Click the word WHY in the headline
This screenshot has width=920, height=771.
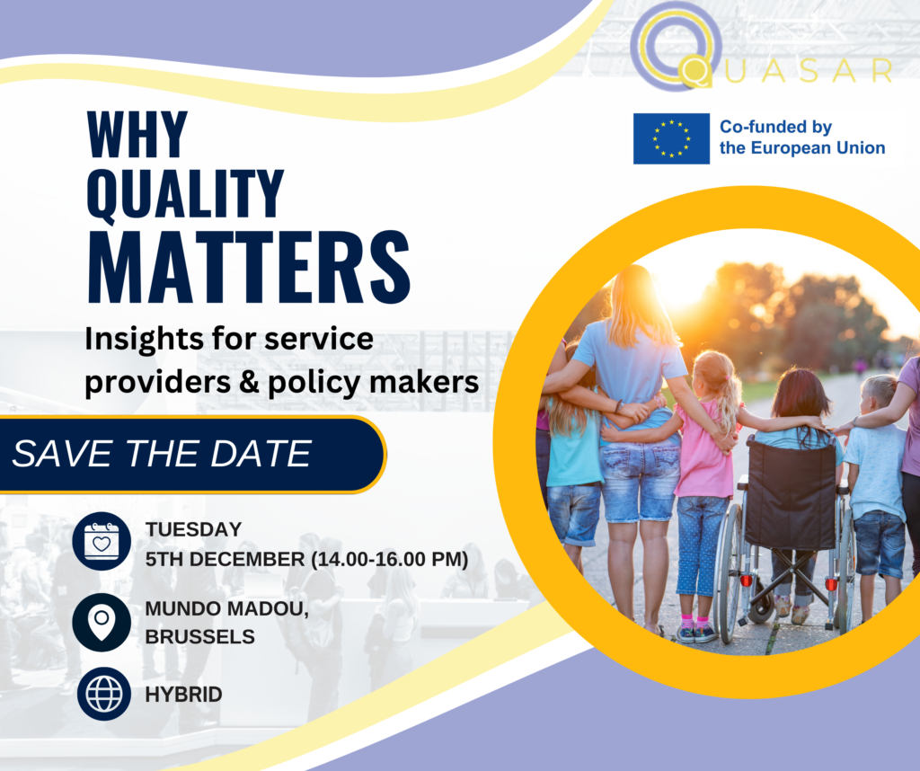tap(137, 135)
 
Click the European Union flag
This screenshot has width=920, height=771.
tap(671, 138)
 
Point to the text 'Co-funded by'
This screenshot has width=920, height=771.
tap(775, 127)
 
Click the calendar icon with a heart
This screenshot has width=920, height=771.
tap(102, 541)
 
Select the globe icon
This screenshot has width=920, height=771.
tap(102, 693)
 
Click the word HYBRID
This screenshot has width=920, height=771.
tap(183, 694)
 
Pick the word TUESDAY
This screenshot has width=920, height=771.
tap(193, 529)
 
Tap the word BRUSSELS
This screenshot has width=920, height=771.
tap(199, 636)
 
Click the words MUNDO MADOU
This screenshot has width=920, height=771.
tap(226, 608)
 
